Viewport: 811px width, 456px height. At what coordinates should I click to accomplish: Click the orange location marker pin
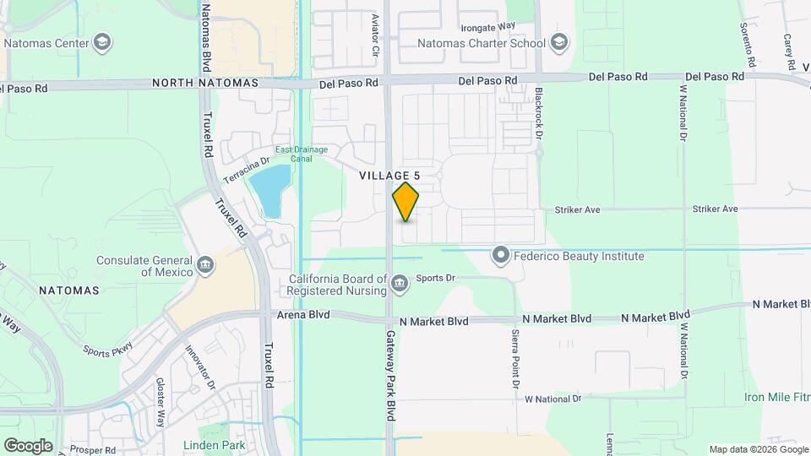pos(405,202)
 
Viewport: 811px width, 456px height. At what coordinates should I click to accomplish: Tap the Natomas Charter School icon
pos(558,41)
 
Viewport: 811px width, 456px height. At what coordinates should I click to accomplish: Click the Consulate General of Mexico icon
pos(204,266)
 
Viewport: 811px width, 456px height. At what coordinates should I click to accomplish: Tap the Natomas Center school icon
pos(103,41)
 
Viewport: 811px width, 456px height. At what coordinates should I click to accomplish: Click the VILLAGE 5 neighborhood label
pos(389,175)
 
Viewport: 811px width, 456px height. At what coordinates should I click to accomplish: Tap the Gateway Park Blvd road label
pos(392,376)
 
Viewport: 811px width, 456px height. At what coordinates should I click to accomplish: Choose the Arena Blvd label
pos(302,314)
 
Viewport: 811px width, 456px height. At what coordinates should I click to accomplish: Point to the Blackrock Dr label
pos(538,111)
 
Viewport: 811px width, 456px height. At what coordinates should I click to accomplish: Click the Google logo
pos(28,445)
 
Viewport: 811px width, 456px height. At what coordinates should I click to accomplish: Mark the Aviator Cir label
pos(376,35)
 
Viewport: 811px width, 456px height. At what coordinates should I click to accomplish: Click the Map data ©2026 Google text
pos(757,449)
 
